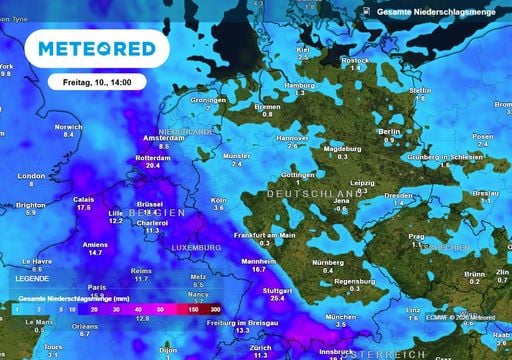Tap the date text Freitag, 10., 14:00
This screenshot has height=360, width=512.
click(x=104, y=81)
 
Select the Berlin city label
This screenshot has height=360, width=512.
click(x=390, y=131)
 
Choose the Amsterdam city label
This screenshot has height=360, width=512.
click(x=164, y=138)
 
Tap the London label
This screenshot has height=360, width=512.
click(x=32, y=176)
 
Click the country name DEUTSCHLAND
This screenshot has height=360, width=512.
click(x=312, y=192)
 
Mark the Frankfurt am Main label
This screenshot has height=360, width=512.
click(x=266, y=234)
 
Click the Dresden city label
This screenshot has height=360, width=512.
click(x=398, y=196)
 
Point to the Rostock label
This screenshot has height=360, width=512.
click(x=355, y=60)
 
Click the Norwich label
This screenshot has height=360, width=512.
click(x=68, y=127)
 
